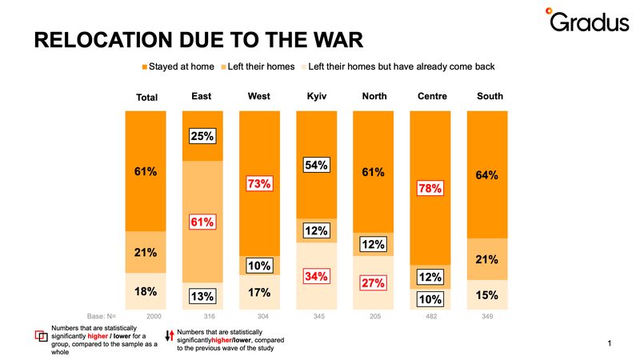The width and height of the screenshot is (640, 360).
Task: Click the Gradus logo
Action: (x=587, y=20)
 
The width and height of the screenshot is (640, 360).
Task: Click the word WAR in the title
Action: (x=338, y=40)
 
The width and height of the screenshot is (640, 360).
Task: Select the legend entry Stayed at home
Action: (x=178, y=66)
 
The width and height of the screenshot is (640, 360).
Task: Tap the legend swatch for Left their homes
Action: (x=224, y=67)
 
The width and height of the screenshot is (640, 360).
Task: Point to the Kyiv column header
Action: (x=317, y=96)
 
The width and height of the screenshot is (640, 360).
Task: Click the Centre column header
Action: (x=432, y=96)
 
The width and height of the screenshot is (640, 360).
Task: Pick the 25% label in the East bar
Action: (x=202, y=136)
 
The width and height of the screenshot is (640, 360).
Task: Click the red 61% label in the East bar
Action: (x=202, y=222)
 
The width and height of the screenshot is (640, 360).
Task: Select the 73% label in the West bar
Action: (x=259, y=184)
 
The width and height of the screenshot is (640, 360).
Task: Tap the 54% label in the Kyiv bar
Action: (x=316, y=165)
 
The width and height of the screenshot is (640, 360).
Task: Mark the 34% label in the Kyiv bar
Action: (x=316, y=276)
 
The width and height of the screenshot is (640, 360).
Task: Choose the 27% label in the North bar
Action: (x=373, y=283)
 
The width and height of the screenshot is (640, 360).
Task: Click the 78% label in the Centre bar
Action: (x=430, y=188)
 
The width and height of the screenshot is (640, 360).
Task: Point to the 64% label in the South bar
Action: (x=487, y=175)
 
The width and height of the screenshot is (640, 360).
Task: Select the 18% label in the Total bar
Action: (x=146, y=291)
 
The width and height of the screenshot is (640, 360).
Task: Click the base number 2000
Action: (x=154, y=316)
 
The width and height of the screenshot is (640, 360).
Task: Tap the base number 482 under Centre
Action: (x=431, y=316)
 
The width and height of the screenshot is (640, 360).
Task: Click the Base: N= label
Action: (x=102, y=316)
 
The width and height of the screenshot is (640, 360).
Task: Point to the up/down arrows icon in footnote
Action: (x=170, y=335)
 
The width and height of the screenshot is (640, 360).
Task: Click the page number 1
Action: (x=610, y=343)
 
